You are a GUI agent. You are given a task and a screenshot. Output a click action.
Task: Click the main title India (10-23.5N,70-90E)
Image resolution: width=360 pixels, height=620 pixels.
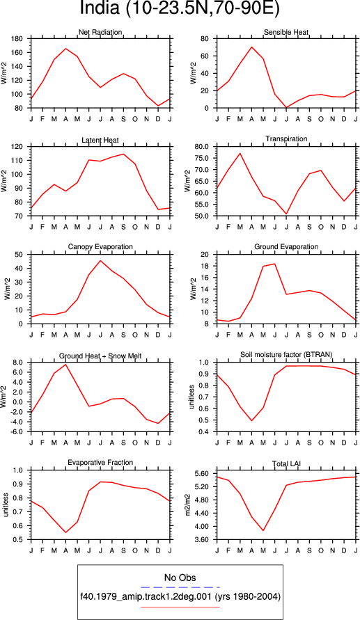pyautogui.click(x=180, y=8)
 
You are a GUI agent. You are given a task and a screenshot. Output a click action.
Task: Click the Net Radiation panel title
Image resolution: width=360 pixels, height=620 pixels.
pyautogui.click(x=100, y=32)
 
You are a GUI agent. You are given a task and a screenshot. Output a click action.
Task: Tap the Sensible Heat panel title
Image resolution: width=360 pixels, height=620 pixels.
pyautogui.click(x=286, y=32)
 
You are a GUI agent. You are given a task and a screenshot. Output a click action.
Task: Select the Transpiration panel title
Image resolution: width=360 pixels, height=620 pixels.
pyautogui.click(x=286, y=139)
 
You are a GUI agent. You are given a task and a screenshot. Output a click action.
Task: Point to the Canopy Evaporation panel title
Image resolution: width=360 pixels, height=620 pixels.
pyautogui.click(x=100, y=247)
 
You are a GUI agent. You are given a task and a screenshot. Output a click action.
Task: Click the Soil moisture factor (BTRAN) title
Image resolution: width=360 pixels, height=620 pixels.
pyautogui.click(x=286, y=354)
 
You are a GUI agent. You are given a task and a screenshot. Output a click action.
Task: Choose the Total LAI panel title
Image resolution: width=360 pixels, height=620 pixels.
pyautogui.click(x=286, y=462)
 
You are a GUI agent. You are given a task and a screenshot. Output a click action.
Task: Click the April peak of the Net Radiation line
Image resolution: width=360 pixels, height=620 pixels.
pyautogui.click(x=65, y=49)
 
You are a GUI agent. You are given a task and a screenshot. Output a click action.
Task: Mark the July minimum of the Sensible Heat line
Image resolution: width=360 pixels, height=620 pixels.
pyautogui.click(x=286, y=108)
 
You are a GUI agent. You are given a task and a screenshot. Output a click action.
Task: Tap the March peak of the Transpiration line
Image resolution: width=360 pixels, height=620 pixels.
pyautogui.click(x=240, y=153)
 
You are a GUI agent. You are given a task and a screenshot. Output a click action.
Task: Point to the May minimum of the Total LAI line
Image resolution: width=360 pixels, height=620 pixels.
pyautogui.click(x=263, y=530)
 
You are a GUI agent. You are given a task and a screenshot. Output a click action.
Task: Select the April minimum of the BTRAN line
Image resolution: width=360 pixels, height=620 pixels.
pyautogui.click(x=251, y=420)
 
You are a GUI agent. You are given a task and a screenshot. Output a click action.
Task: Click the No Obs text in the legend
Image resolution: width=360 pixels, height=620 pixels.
pyautogui.click(x=180, y=578)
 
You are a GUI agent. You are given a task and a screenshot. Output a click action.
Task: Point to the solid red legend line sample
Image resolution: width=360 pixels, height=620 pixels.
pyautogui.click(x=180, y=607)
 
